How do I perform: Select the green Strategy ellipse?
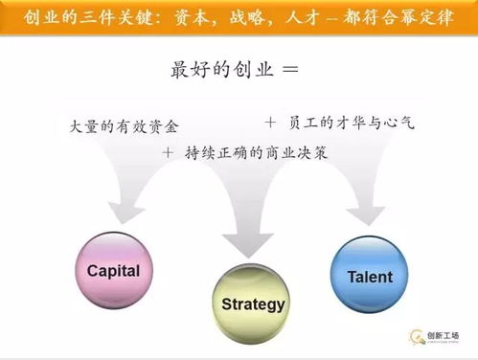(x=253, y=304)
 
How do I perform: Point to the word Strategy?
(x=253, y=305)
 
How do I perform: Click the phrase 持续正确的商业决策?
(x=249, y=152)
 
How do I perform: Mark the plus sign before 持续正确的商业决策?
(x=169, y=152)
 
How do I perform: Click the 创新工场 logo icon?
(x=418, y=336)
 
